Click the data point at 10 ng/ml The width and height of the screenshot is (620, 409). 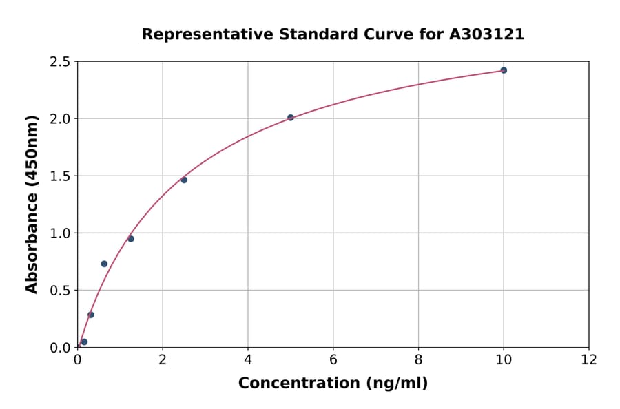(504, 70)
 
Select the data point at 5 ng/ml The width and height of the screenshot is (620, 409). (291, 118)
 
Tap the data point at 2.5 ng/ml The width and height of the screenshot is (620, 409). (184, 180)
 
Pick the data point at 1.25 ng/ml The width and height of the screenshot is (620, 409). (131, 239)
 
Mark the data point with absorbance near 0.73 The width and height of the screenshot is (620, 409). (104, 264)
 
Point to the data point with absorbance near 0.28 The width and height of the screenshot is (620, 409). (91, 315)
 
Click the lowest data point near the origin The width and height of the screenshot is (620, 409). (84, 342)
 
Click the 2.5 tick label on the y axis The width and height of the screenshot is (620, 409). (61, 62)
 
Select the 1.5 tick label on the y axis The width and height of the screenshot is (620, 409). (61, 176)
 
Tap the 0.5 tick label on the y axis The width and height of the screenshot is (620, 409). (61, 291)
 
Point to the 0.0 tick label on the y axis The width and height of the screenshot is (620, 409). (61, 348)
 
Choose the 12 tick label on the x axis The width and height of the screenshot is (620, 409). (589, 360)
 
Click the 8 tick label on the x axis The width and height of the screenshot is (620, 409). (418, 360)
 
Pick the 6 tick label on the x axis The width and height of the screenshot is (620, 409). (333, 360)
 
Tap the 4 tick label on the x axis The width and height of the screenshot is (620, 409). (248, 360)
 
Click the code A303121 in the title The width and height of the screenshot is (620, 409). (487, 34)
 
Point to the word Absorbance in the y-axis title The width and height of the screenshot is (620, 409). (32, 224)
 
